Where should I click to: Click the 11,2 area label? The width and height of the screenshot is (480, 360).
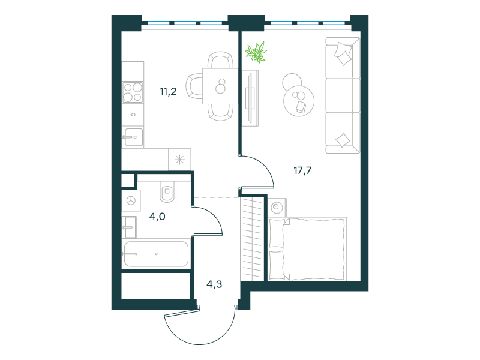[169, 92]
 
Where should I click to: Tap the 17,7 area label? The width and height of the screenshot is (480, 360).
[302, 170]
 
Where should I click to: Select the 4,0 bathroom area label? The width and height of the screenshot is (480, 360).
[157, 217]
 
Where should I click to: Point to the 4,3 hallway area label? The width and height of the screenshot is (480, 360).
[214, 284]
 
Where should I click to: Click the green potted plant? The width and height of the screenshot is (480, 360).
[256, 52]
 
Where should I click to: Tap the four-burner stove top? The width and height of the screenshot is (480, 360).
[133, 92]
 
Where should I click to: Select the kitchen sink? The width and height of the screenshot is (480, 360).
[133, 137]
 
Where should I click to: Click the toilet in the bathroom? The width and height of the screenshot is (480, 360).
[167, 191]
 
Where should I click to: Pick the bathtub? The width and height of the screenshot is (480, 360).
[156, 254]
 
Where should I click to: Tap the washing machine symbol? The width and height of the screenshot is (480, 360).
[131, 200]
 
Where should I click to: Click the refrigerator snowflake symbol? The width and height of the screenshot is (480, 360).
[179, 160]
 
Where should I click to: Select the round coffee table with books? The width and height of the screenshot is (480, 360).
[299, 101]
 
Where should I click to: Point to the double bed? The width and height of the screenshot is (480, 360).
[308, 248]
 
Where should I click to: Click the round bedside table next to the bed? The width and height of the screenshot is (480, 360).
[277, 207]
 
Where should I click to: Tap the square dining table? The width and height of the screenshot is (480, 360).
[220, 86]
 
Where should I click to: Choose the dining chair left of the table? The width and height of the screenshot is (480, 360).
[194, 86]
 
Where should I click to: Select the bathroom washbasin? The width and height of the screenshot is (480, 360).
[129, 227]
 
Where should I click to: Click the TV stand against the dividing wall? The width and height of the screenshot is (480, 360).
[250, 98]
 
